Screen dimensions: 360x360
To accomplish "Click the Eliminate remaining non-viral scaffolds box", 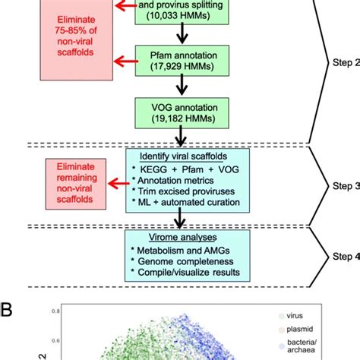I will (x=76, y=182).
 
